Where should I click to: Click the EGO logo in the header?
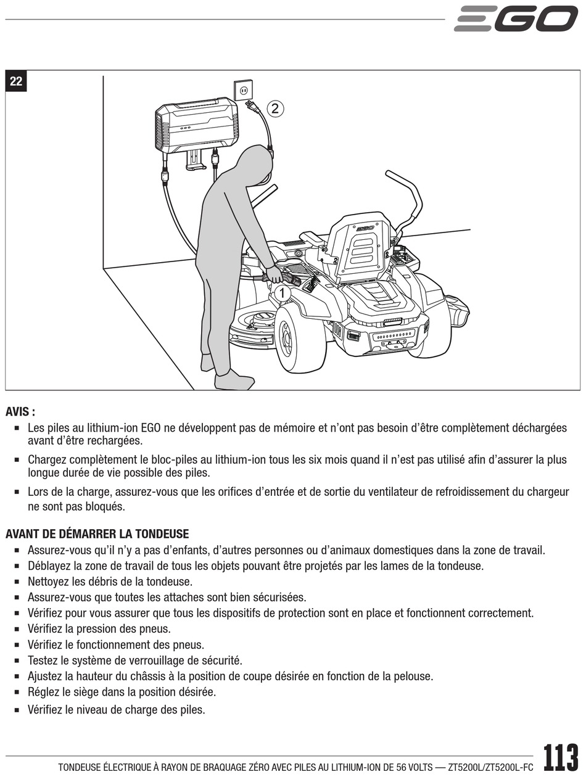pyautogui.click(x=516, y=18)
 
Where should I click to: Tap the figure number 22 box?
pyautogui.click(x=16, y=81)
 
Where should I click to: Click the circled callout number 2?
pyautogui.click(x=274, y=109)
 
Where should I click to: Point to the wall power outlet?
pyautogui.click(x=244, y=89)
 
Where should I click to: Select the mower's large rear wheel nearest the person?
pyautogui.click(x=300, y=339)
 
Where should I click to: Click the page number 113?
pyautogui.click(x=561, y=758)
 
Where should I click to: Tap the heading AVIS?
pyautogui.click(x=20, y=411)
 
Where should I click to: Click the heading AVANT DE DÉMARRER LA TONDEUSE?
pyautogui.click(x=97, y=533)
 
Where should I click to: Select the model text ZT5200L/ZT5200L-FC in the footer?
pyautogui.click(x=490, y=767)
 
